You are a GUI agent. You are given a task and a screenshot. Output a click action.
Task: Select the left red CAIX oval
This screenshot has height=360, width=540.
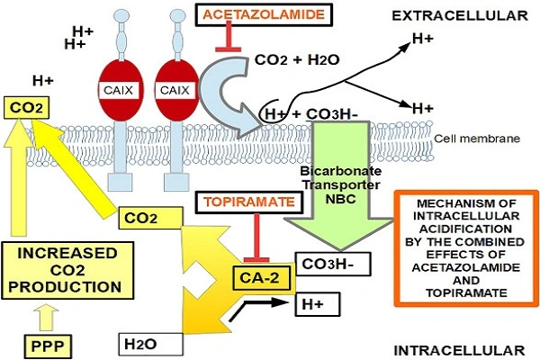click(124, 91)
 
